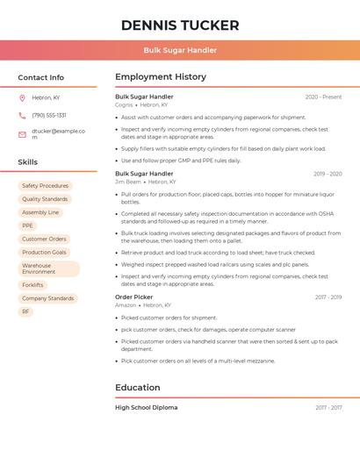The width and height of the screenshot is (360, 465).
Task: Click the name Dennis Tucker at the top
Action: tap(180, 25)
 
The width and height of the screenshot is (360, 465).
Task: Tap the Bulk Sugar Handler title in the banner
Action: tap(180, 50)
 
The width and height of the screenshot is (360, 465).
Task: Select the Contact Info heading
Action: tap(41, 77)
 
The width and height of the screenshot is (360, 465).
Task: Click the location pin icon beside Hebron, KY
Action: tap(22, 97)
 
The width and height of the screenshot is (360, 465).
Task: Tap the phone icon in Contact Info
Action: tap(22, 115)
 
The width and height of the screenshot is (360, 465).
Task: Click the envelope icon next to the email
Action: tap(22, 134)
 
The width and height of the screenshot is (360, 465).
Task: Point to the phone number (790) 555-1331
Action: tap(49, 115)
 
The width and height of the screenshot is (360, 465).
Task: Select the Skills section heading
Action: tap(28, 162)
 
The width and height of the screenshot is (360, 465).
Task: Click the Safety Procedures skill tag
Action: tap(45, 186)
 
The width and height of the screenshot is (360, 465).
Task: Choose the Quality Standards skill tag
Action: tap(45, 199)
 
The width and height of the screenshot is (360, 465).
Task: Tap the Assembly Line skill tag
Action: tap(40, 212)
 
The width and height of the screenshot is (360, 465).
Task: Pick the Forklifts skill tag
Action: tap(32, 285)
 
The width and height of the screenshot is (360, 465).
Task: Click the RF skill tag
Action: tap(25, 311)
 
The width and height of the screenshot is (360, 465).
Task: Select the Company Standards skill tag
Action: tap(47, 298)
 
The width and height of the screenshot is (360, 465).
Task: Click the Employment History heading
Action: tap(161, 77)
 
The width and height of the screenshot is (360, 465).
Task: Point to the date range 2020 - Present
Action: tap(323, 97)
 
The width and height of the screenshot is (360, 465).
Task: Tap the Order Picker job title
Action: tap(135, 297)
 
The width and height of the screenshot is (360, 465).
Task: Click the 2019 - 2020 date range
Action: tap(327, 174)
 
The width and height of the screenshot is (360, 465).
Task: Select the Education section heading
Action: tap(137, 388)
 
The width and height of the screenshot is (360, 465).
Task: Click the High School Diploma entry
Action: tap(146, 408)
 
